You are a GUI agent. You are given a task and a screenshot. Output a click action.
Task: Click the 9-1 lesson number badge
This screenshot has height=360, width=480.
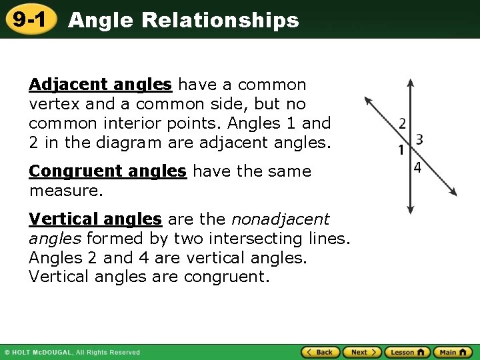[x=29, y=20]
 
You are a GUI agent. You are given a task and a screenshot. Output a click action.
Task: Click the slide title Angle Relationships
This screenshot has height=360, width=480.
[x=183, y=21]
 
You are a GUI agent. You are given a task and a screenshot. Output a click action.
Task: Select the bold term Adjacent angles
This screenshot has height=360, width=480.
[x=101, y=85]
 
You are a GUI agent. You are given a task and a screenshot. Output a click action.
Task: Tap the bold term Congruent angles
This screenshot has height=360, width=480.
[x=107, y=171]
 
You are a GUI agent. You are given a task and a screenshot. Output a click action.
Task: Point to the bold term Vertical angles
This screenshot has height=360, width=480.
[x=95, y=219]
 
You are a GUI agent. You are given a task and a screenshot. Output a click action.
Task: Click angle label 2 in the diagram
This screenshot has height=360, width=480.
[x=402, y=123]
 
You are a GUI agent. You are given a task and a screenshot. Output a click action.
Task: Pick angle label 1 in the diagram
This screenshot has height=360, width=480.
[x=401, y=150]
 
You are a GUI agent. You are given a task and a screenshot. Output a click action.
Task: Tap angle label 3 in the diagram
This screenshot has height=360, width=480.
[x=419, y=139]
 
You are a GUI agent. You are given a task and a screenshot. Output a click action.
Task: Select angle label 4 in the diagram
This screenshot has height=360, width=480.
[x=417, y=167]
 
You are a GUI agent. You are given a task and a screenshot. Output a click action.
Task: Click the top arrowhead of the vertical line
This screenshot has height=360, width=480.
[x=410, y=83]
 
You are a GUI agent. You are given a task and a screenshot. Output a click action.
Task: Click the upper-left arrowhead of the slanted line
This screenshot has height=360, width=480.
[x=367, y=101]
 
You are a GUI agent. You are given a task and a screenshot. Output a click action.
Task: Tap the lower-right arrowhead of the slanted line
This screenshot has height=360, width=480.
[x=454, y=192]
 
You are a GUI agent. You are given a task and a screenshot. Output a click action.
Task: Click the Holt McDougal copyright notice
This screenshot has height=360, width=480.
[x=72, y=353]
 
